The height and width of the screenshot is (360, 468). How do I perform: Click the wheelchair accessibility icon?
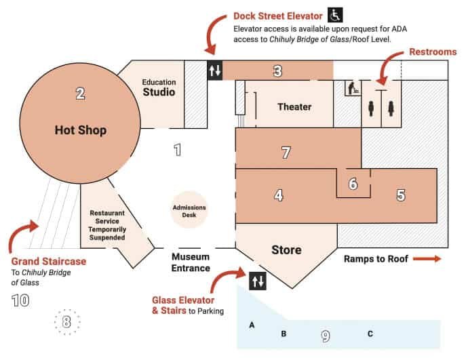(x=335, y=15)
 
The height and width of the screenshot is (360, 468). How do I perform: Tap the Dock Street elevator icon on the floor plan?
(x=215, y=71)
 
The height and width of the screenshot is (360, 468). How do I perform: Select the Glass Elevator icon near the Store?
(x=258, y=281)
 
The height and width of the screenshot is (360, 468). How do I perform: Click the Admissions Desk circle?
(x=189, y=210)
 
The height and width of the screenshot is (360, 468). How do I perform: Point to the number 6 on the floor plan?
(x=353, y=184)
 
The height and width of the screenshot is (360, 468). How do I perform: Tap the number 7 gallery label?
(x=286, y=153)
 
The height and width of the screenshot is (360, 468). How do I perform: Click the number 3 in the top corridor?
(x=277, y=71)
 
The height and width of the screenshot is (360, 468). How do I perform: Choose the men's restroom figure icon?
(x=371, y=108)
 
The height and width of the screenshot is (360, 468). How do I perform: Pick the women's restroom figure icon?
(x=391, y=108)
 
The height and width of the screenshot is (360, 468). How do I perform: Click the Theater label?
(x=294, y=106)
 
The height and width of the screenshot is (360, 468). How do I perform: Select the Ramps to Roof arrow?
(x=427, y=258)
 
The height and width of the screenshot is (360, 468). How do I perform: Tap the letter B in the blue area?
(x=284, y=334)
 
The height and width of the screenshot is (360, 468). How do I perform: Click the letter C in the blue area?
(x=370, y=334)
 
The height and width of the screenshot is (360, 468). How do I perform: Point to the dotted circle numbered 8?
(x=67, y=322)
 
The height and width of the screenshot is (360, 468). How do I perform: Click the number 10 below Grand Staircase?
(x=20, y=300)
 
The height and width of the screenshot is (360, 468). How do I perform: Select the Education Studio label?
(x=159, y=87)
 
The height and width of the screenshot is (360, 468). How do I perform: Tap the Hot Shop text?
(x=81, y=130)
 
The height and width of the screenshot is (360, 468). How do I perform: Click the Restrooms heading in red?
(x=433, y=52)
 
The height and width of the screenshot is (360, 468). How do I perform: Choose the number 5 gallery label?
(x=401, y=195)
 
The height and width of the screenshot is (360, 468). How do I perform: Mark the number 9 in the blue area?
(x=326, y=336)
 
